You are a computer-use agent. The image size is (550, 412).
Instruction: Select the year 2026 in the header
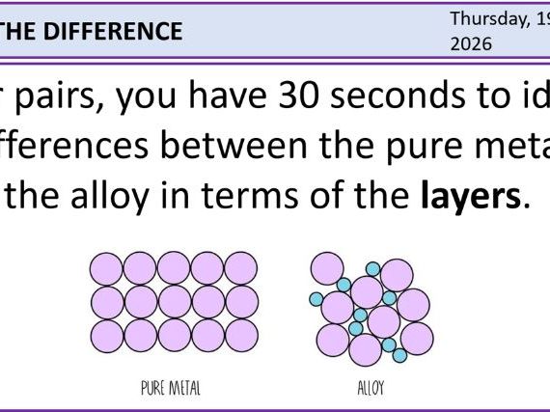[x=472, y=44]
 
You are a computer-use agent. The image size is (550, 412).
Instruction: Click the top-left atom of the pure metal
[x=106, y=268]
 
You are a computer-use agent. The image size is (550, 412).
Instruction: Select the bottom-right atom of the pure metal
[x=242, y=335]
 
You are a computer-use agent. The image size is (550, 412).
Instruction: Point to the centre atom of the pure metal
[x=175, y=302]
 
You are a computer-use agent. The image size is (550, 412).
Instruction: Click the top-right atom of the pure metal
[x=241, y=268]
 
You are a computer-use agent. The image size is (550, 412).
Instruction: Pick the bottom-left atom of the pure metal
[x=106, y=335]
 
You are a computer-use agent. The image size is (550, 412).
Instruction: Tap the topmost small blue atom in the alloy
[x=372, y=267]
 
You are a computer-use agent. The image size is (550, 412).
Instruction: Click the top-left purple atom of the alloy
[x=328, y=268]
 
